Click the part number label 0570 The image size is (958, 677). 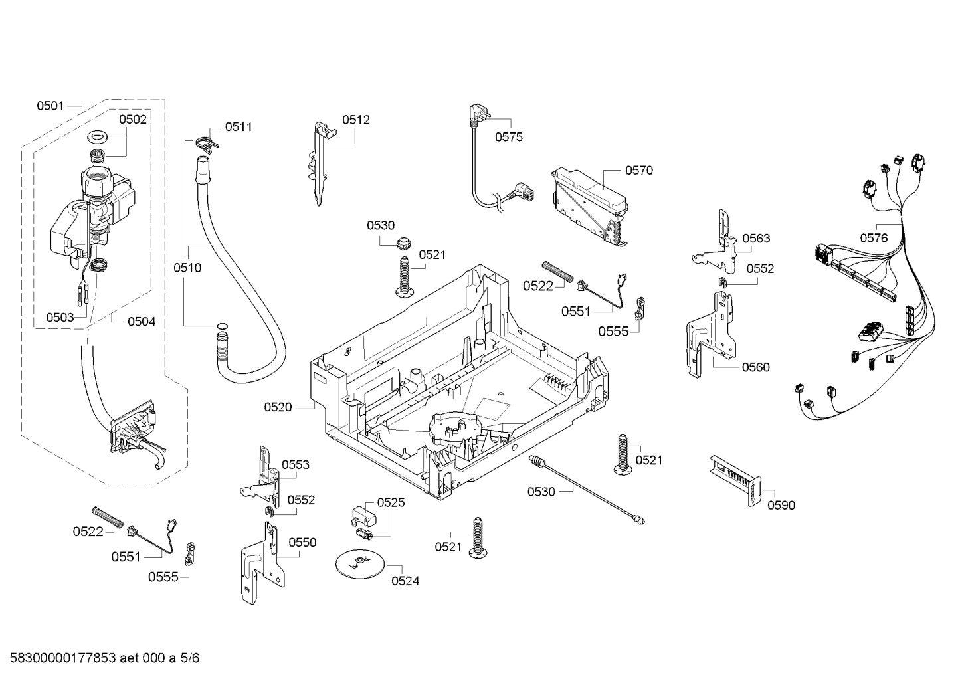coord(638,171)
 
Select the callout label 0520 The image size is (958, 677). coord(278,407)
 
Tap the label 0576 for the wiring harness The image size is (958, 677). coord(874,238)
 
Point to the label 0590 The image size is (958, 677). coord(781,505)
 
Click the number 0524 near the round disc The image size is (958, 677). coord(405,581)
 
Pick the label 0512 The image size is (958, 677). coord(356,120)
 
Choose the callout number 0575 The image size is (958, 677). coord(508,137)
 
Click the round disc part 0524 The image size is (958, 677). coord(359,564)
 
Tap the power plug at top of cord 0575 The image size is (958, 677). coord(474,113)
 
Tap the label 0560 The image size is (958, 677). coord(755,367)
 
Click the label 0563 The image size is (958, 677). coord(756,239)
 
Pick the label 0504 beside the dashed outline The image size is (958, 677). coord(142,322)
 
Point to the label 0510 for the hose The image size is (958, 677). coord(187,268)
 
